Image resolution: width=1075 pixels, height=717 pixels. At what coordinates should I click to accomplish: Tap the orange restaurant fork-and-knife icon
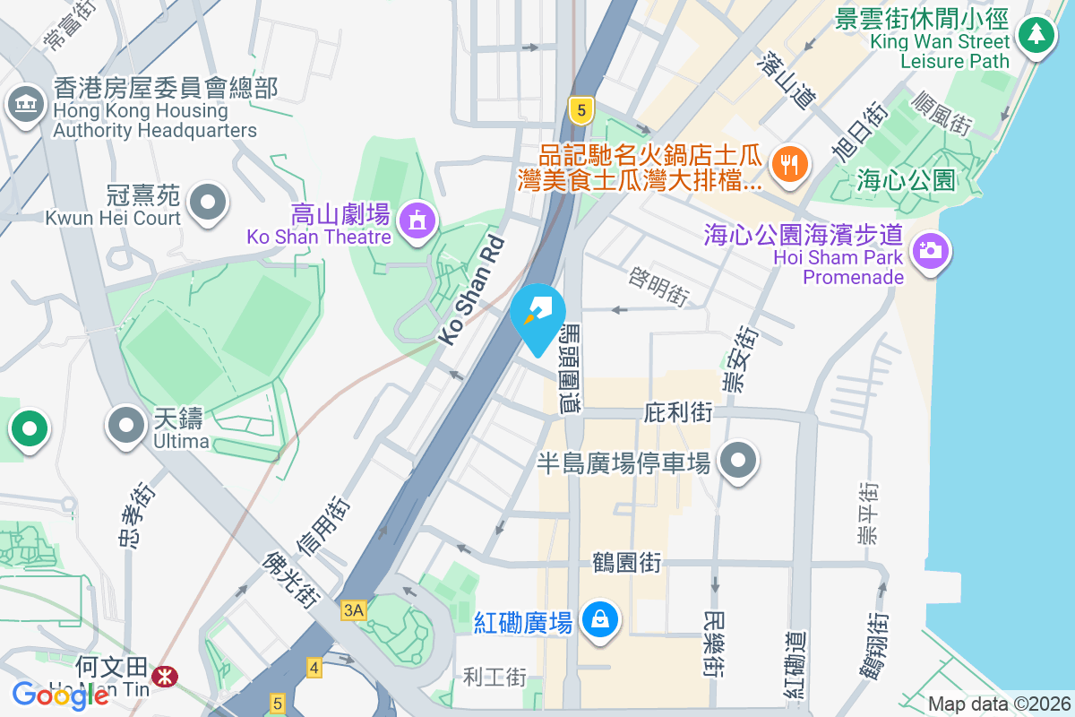click(789, 164)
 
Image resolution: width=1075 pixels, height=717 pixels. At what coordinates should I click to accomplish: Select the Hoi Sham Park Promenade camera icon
click(931, 250)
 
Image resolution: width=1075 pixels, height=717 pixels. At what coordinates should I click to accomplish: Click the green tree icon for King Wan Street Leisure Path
click(1036, 35)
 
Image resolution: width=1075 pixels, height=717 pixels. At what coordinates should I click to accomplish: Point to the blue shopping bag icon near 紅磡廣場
click(599, 620)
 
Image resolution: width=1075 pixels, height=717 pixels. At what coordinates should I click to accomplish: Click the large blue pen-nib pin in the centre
click(537, 315)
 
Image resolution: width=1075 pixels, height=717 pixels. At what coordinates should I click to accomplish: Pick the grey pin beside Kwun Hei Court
click(208, 201)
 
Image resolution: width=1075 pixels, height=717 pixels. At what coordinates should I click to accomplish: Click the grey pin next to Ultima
click(125, 425)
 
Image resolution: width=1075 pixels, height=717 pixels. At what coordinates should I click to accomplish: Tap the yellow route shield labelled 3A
click(354, 610)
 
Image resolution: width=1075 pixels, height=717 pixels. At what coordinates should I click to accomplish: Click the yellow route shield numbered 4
click(314, 668)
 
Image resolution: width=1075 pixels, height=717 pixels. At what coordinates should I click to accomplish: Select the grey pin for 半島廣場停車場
click(738, 461)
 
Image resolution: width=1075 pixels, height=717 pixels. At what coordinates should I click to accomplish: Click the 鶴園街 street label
click(627, 563)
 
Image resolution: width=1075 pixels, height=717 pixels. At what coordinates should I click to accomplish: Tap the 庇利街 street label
click(678, 413)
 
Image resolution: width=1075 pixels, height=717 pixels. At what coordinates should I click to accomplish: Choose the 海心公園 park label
click(906, 179)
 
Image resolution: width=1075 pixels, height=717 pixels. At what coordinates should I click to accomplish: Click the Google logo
click(60, 695)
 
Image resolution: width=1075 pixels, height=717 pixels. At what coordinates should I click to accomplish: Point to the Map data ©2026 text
click(999, 704)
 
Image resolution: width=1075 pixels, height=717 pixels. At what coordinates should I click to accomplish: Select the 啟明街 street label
click(658, 283)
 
